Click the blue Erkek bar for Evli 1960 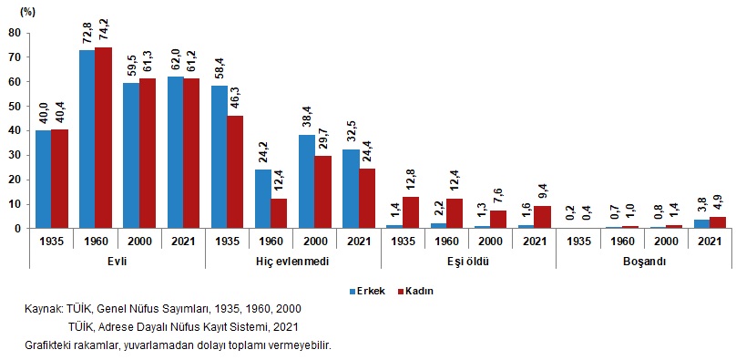87,139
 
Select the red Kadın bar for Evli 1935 59,179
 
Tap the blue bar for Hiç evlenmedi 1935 220,157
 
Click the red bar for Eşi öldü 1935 411,213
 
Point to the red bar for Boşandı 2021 718,223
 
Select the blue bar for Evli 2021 175,153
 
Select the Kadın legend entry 415,291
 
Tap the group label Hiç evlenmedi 292,262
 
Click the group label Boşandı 644,262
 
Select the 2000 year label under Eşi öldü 490,241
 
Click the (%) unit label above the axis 26,13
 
